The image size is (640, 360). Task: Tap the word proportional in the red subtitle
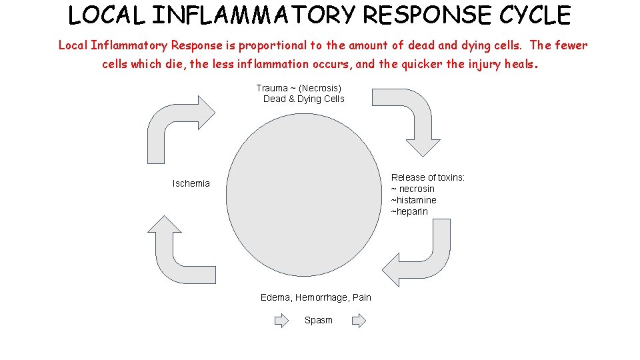click(x=269, y=45)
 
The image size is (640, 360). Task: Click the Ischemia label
click(x=191, y=183)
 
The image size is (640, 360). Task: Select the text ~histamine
click(x=413, y=200)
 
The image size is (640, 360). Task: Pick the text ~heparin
click(x=409, y=211)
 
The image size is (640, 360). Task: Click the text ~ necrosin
click(x=413, y=189)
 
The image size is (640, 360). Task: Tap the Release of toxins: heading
click(x=428, y=177)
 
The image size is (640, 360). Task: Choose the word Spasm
click(x=318, y=320)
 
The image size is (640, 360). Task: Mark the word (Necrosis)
click(x=320, y=88)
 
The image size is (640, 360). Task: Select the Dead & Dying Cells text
click(x=303, y=99)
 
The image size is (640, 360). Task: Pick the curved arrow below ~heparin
click(x=420, y=257)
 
